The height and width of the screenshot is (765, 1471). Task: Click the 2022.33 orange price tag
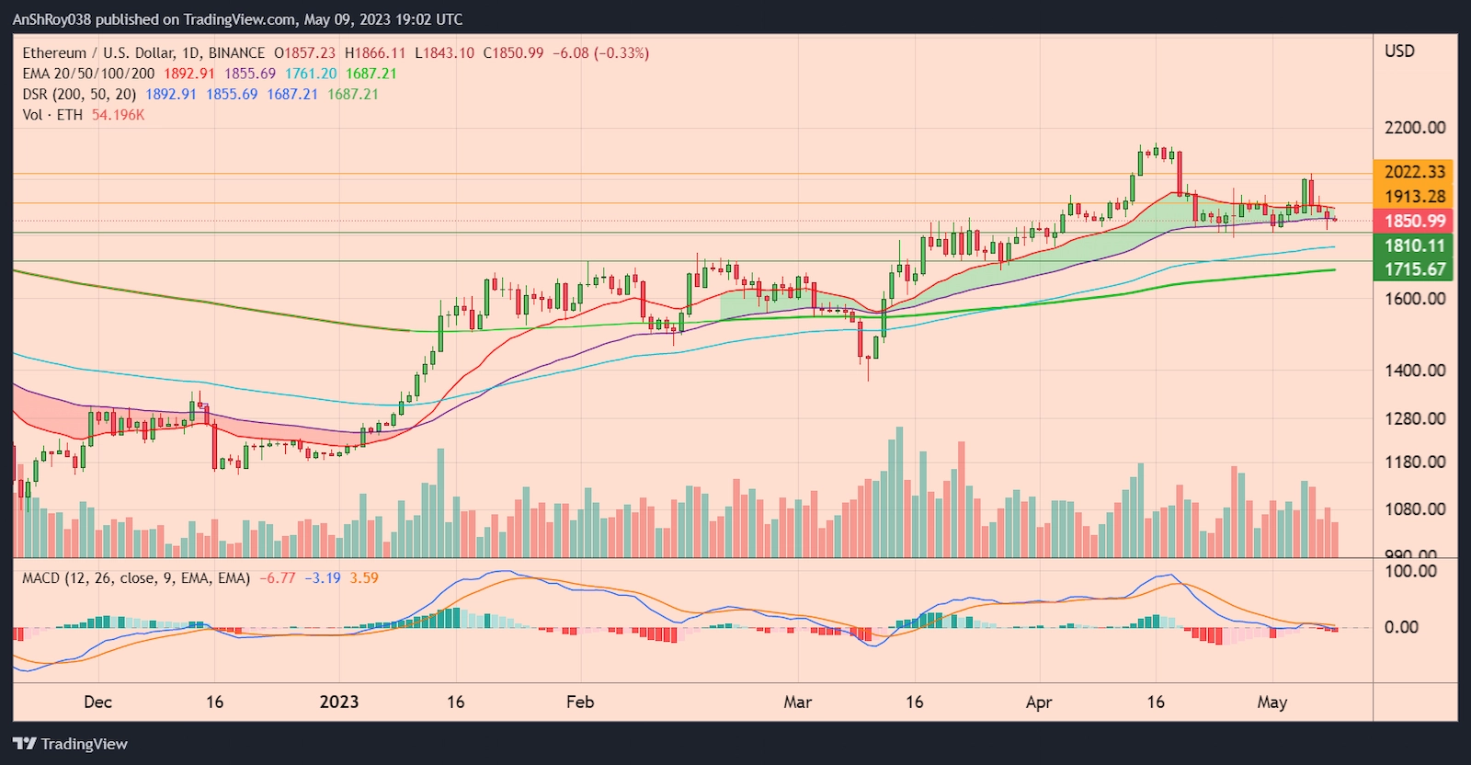click(1414, 172)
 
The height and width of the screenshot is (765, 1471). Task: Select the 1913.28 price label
click(1414, 196)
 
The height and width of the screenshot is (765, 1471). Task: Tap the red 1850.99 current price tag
click(1414, 221)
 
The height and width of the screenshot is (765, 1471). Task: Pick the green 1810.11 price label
click(1414, 245)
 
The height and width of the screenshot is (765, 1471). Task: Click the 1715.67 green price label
click(1414, 269)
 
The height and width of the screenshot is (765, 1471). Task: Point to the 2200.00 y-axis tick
click(1414, 128)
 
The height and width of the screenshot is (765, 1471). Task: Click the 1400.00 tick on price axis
click(1414, 371)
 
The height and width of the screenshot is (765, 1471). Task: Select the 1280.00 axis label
click(1414, 418)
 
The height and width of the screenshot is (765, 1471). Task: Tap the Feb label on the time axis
click(580, 702)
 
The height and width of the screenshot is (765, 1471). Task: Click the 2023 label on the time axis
click(338, 702)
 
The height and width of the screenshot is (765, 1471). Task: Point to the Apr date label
click(1039, 702)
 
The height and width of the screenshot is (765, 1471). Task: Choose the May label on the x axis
click(1271, 702)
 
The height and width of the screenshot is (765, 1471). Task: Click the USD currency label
click(1399, 51)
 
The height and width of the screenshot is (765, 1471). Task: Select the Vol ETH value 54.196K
click(118, 115)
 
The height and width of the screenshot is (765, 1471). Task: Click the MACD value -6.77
click(277, 578)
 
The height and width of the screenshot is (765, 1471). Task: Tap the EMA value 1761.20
click(311, 74)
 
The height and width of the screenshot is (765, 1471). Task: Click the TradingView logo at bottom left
click(70, 744)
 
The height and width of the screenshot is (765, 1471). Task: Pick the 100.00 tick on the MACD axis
click(1410, 571)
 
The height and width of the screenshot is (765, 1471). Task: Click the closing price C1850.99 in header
click(513, 53)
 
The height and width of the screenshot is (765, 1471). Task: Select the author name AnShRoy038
click(51, 19)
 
